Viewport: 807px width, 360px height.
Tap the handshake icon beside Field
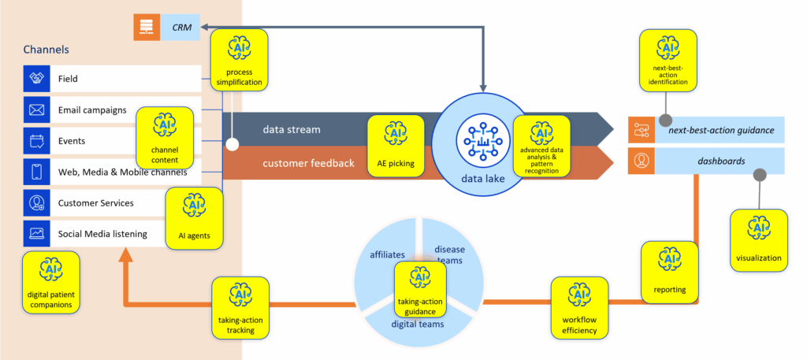[x=36, y=79]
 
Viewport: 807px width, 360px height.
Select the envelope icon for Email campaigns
[x=36, y=110]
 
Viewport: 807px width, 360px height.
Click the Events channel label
[x=73, y=141]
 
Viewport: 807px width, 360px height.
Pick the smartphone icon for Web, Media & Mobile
[x=36, y=172]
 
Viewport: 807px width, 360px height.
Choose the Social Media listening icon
[x=36, y=233]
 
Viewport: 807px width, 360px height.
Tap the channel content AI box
[x=165, y=135]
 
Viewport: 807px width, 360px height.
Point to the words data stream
[x=291, y=128]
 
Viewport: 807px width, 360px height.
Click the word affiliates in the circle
[x=387, y=254]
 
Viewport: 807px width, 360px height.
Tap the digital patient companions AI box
[x=50, y=280]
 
